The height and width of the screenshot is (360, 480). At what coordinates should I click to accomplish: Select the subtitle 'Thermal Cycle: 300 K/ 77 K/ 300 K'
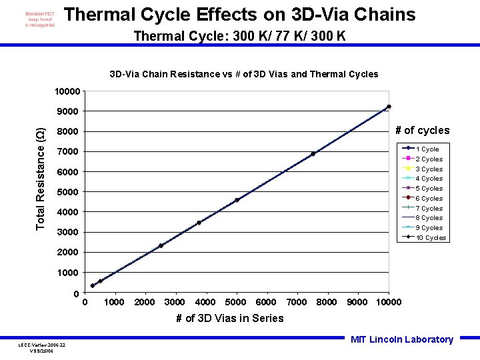239,36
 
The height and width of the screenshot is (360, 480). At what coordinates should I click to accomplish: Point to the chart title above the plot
243,74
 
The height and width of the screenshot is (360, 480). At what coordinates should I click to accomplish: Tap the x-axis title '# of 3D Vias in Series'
229,318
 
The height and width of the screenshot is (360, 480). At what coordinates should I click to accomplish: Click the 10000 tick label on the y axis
68,91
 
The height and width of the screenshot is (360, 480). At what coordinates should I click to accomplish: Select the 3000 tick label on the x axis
175,303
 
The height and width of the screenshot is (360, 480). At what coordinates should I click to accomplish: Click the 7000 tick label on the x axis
297,303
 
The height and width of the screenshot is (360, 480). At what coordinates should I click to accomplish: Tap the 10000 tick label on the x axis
389,303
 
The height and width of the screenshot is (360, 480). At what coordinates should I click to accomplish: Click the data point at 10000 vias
389,107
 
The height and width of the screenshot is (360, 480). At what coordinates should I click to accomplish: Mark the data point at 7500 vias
313,154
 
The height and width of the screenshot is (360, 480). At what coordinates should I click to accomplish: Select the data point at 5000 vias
237,200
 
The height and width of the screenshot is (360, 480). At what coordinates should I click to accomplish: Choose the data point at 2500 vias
161,246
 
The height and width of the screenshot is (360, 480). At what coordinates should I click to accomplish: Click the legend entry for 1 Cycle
427,149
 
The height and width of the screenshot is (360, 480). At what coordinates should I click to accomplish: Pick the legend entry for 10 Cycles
430,238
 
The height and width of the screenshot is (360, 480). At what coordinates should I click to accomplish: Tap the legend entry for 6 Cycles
429,199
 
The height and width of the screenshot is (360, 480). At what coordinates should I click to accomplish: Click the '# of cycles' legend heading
422,131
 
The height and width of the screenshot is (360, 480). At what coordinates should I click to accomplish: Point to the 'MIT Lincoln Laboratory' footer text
401,339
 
